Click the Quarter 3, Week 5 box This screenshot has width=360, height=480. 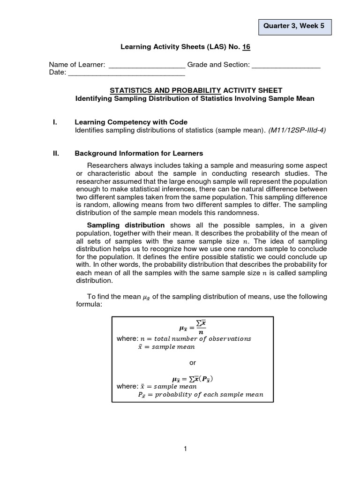click(295, 27)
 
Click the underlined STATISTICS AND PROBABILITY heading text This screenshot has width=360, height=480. click(165, 90)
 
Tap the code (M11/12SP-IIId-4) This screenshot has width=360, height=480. click(297, 130)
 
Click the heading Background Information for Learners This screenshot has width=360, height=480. click(139, 154)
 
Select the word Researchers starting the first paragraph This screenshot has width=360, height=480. click(108, 166)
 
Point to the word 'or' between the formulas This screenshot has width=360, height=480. click(192, 363)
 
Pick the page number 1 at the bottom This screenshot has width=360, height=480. click(186, 449)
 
